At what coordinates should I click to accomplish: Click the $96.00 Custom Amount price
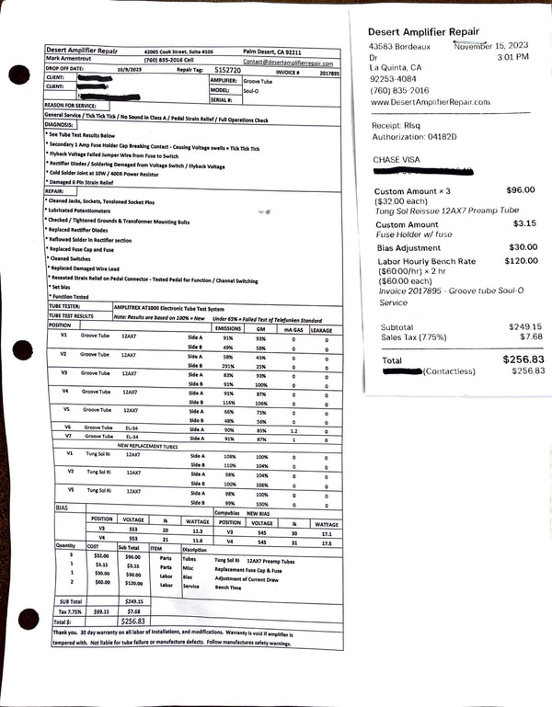(520, 189)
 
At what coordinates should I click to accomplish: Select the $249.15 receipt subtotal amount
(525, 326)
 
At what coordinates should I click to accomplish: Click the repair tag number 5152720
(227, 70)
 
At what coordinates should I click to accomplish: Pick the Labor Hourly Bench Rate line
(426, 261)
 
